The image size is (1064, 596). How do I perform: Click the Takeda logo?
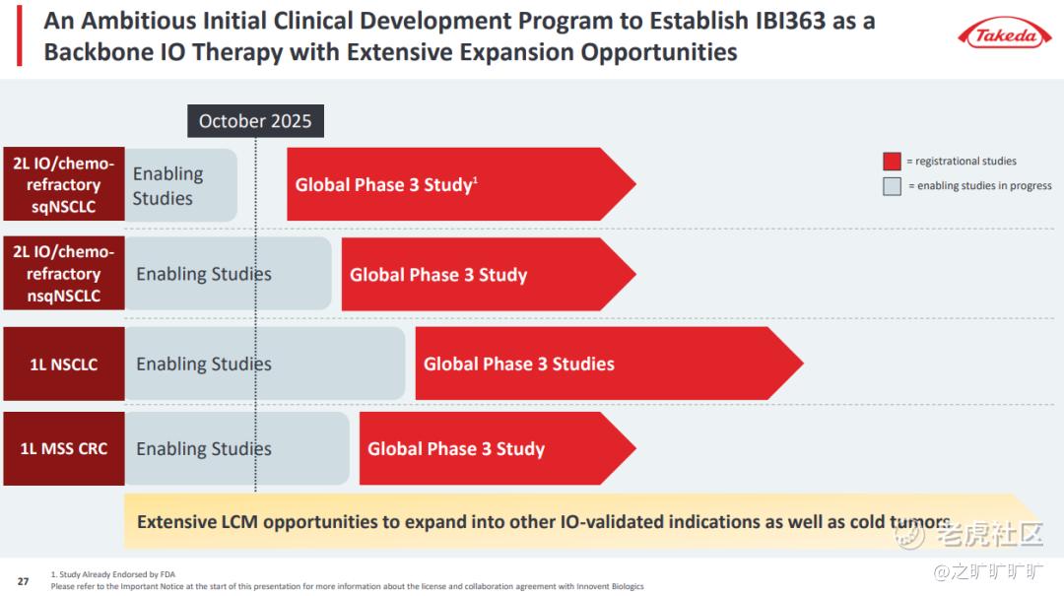[x=1005, y=35]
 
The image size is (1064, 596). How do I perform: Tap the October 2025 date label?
[x=255, y=121]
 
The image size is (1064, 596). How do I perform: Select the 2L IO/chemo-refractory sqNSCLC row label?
[x=64, y=184]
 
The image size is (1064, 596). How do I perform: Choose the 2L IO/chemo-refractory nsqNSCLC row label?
[x=64, y=274]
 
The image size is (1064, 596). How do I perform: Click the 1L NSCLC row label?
[x=64, y=364]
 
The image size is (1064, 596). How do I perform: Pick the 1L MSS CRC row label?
[x=64, y=449]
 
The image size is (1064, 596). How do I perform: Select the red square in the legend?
[x=892, y=162]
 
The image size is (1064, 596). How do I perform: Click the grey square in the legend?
[x=892, y=186]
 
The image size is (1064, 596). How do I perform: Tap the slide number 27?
[x=24, y=581]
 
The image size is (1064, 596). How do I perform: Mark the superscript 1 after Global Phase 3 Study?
[x=476, y=178]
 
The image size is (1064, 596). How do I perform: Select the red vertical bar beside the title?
[x=19, y=35]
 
